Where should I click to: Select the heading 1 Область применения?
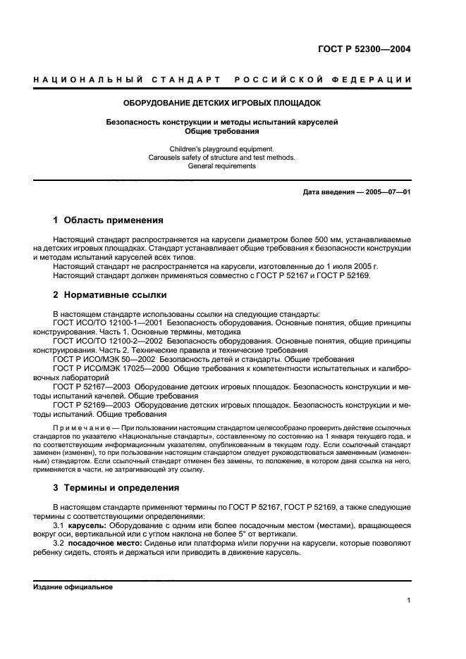coord(109,220)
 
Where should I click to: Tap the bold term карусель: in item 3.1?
coord(86,525)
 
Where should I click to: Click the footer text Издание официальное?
coord(73,586)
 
